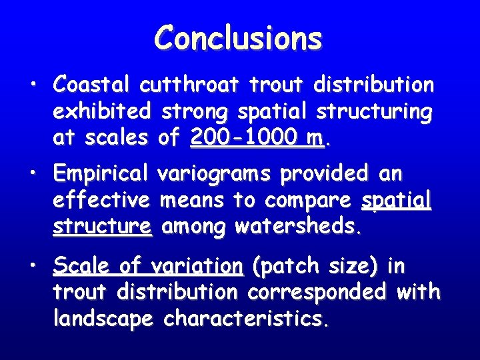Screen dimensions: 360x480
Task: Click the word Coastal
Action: click(x=94, y=85)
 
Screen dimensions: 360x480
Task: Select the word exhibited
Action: click(x=103, y=111)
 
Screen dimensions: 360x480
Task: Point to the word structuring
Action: click(x=373, y=111)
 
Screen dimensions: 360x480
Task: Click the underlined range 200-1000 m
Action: click(x=256, y=137)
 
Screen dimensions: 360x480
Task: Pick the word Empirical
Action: click(x=101, y=174)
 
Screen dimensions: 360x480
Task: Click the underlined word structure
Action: click(x=103, y=227)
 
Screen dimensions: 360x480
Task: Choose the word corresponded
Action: click(x=323, y=292)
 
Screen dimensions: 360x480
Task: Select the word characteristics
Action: click(x=245, y=319)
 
